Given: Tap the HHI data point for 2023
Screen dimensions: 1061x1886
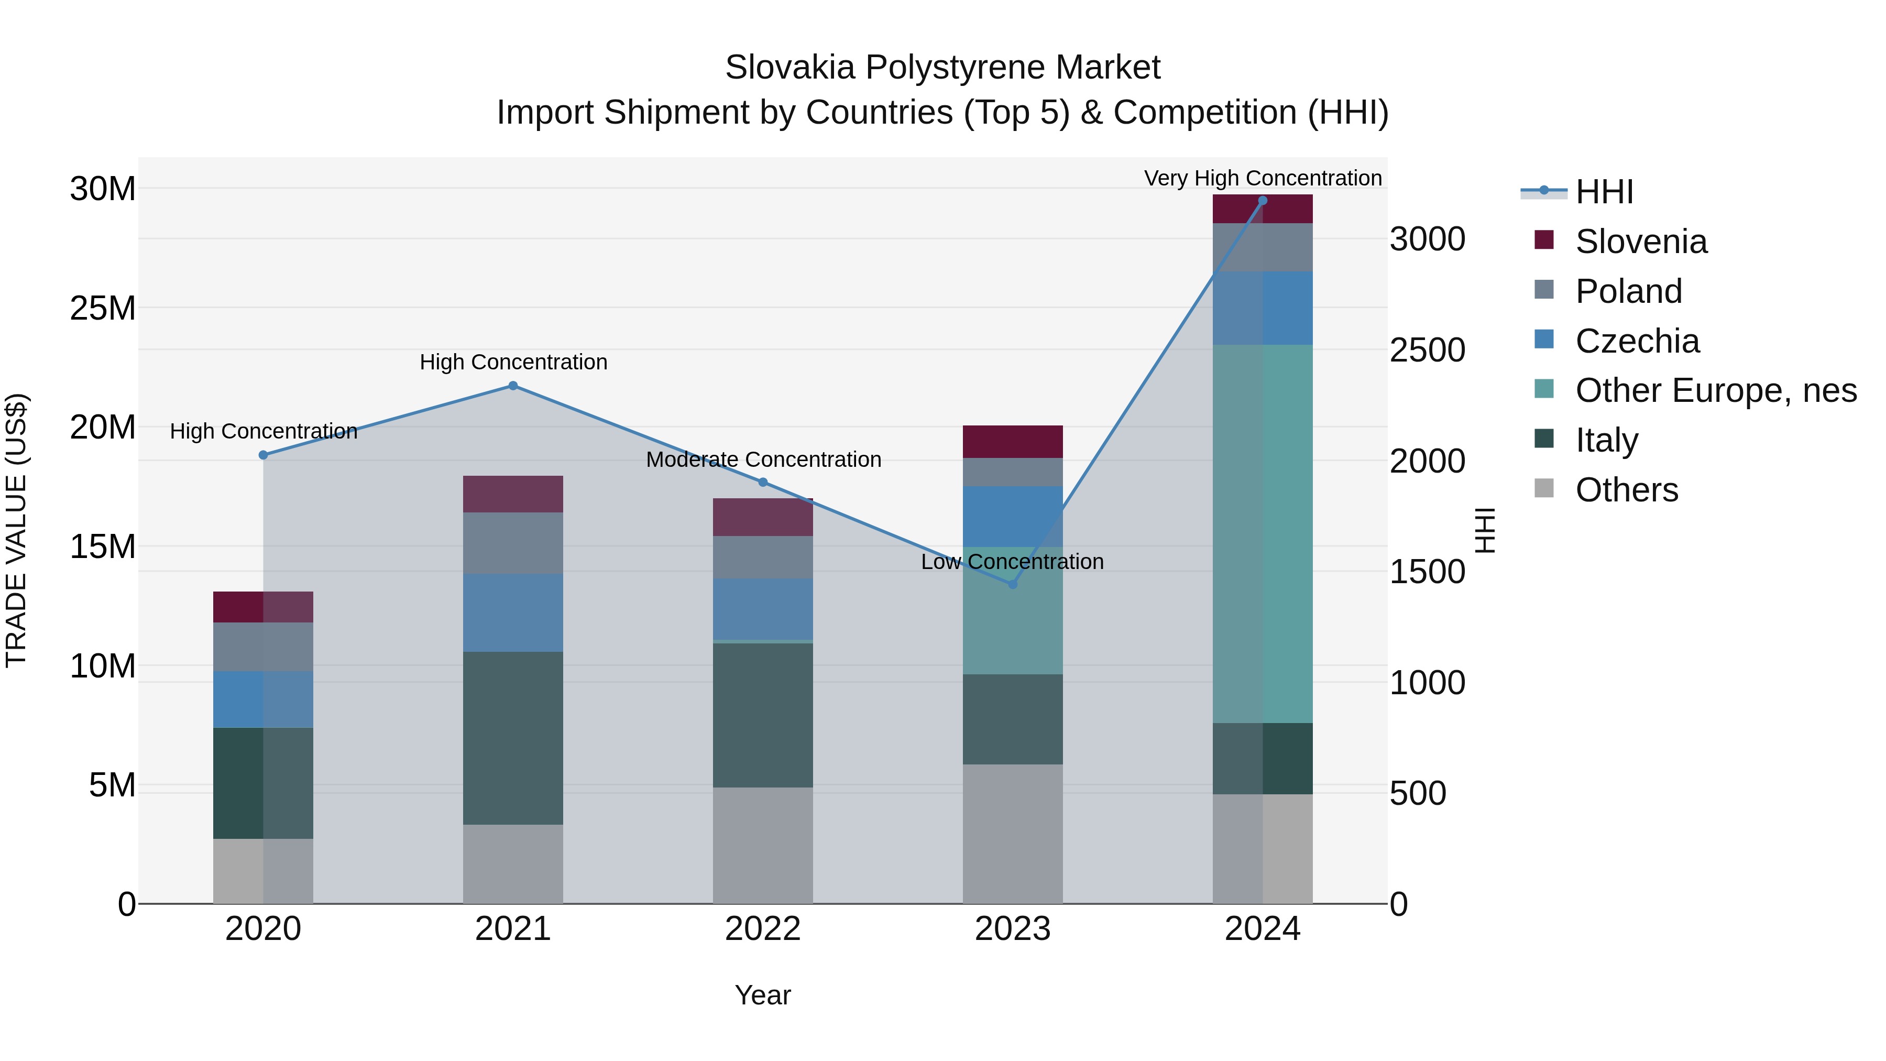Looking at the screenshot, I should point(1013,584).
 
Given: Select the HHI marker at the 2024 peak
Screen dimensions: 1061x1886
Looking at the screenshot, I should point(1262,201).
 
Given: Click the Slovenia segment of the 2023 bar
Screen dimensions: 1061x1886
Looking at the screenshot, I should point(1013,442).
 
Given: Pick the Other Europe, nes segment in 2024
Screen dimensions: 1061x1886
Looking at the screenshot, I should point(1262,534).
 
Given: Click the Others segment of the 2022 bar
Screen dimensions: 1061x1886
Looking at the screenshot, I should point(763,845).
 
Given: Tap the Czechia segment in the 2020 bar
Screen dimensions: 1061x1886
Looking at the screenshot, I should point(263,699).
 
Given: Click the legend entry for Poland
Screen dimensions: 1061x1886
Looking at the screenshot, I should point(1628,291).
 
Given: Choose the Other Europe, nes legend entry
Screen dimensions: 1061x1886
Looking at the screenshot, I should point(1715,390).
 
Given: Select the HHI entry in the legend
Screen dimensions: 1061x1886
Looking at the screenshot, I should point(1604,192).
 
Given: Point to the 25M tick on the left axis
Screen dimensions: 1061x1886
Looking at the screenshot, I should point(103,308).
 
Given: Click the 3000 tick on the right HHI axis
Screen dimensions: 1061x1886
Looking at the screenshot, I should point(1427,239).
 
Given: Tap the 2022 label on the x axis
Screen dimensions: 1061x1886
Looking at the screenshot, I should point(763,929).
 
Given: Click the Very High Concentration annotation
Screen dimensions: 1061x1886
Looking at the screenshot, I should point(1262,178).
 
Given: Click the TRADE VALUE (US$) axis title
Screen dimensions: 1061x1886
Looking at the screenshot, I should point(16,530).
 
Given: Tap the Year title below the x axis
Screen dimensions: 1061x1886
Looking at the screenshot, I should point(763,995).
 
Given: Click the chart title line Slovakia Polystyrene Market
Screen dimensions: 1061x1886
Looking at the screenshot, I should point(942,68).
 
